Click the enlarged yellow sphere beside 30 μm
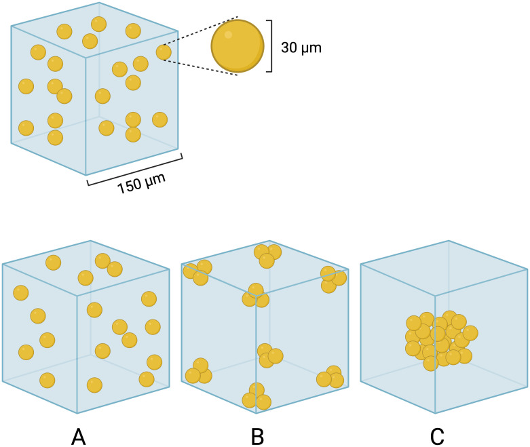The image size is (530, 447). [238, 46]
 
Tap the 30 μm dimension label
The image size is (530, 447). [301, 47]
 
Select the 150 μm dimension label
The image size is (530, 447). [141, 183]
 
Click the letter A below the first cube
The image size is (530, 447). [79, 437]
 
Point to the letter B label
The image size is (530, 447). [258, 437]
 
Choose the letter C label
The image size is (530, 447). [437, 437]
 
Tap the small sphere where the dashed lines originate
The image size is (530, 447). [164, 52]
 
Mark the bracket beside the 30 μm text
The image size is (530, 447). [269, 46]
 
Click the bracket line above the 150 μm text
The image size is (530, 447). [135, 170]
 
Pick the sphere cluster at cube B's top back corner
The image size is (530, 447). [267, 256]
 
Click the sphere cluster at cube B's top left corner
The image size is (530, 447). [197, 273]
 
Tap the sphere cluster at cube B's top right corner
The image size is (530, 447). [333, 279]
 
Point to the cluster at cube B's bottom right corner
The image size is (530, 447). [330, 376]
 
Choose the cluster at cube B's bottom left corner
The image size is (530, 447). [199, 371]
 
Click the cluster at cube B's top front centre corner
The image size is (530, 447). [256, 295]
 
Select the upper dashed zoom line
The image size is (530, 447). [201, 31]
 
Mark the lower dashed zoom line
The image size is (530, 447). [201, 68]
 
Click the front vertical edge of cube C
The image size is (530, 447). [435, 355]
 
